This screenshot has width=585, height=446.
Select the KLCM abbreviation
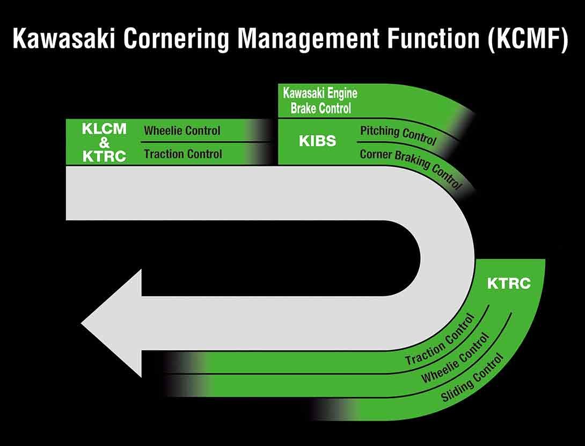pos(104,129)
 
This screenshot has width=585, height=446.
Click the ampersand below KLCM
pos(104,142)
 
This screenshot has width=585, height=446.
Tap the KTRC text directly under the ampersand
pos(104,156)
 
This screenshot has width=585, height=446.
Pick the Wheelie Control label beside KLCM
pos(182,131)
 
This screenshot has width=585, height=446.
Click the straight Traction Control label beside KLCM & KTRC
pos(182,154)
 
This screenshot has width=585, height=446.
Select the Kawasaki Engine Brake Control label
pos(320,101)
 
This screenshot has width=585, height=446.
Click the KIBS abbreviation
pos(317,141)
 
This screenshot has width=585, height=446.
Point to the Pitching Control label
pos(398,135)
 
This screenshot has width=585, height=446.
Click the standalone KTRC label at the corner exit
pos(508,284)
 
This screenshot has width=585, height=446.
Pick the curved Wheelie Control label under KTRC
pos(455,358)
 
